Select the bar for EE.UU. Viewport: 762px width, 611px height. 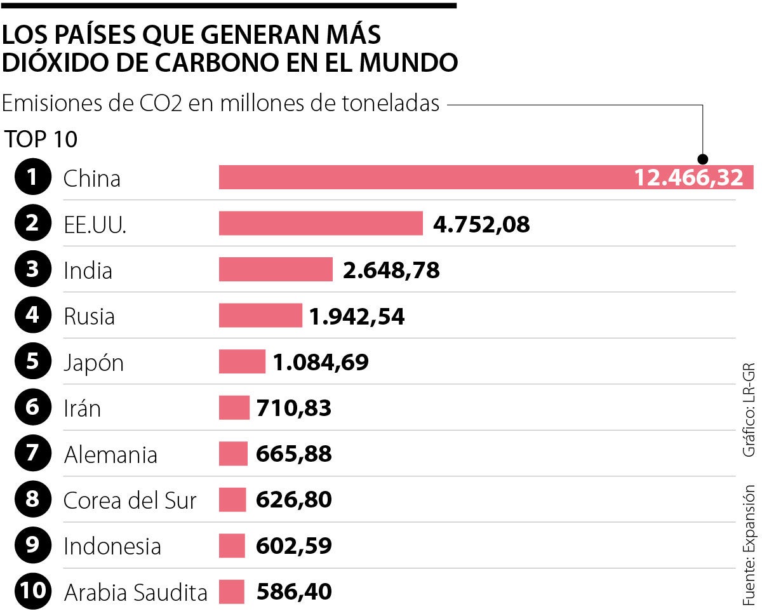point(321,224)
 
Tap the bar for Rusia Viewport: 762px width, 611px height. point(260,316)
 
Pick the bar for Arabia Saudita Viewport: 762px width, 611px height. point(232,592)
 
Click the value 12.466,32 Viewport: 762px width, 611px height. point(689,178)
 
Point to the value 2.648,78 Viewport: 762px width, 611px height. point(391,270)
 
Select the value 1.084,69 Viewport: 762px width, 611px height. point(321,362)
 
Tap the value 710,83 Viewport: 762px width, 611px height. point(294,408)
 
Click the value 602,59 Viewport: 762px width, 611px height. point(294,546)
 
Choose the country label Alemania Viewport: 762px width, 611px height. point(110,455)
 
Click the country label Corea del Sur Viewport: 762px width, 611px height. point(130,500)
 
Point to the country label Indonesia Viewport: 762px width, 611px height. point(112,546)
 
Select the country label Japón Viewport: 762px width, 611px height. point(93,363)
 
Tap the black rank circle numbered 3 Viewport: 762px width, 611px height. point(32,270)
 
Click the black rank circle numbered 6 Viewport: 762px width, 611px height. point(32,408)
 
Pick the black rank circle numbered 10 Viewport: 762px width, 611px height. point(32,592)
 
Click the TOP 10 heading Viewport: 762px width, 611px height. point(41,139)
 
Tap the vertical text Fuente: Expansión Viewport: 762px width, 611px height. point(749,545)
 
